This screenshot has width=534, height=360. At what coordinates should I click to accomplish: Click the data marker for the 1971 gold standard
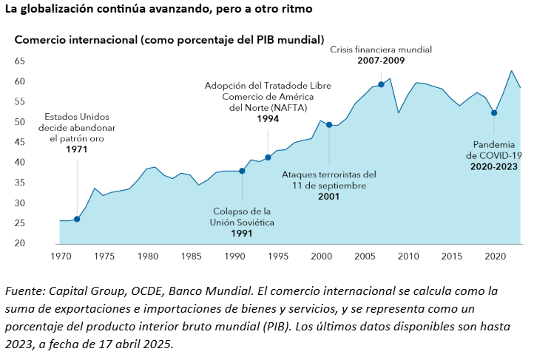click(x=77, y=219)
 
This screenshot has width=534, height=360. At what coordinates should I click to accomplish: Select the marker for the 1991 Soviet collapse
click(x=242, y=171)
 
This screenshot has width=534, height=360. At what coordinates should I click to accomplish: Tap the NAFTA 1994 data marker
click(x=268, y=157)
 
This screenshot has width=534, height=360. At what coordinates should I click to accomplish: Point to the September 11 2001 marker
click(x=329, y=124)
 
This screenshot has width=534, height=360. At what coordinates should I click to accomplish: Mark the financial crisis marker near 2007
click(x=381, y=84)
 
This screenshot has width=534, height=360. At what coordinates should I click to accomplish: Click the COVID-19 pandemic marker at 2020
click(x=494, y=113)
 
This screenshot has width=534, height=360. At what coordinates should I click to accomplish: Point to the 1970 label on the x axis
click(x=61, y=256)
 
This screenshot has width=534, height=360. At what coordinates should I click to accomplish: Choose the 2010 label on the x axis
click(x=407, y=256)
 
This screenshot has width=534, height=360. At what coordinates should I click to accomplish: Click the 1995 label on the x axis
click(x=277, y=256)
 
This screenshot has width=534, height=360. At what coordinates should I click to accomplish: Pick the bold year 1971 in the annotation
click(x=77, y=149)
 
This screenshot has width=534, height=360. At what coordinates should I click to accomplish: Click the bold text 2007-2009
click(x=381, y=60)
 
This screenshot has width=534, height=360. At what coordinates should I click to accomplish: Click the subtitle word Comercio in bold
click(x=39, y=38)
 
